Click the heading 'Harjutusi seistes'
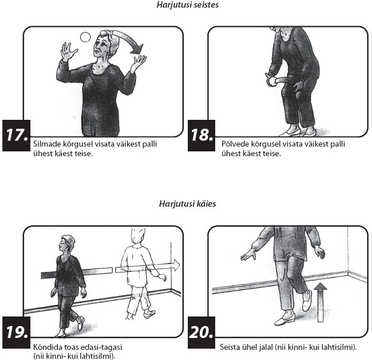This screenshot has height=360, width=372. point(187,5)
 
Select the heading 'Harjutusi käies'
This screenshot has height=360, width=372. point(187,204)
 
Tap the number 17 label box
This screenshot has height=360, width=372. point(16,135)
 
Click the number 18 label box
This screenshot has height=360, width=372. point(201,135)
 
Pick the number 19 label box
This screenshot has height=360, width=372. point(16,332)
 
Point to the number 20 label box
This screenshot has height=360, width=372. point(201,332)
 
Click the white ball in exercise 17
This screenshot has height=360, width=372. point(85,37)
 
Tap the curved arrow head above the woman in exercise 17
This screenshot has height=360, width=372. point(137,49)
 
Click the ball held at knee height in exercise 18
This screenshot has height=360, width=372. point(271,81)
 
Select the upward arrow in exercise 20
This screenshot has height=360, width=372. point(320,303)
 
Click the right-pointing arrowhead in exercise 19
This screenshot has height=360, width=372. point(176,265)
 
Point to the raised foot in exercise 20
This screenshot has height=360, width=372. point(307,300)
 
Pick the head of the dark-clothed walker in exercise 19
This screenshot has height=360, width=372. point(67,244)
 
